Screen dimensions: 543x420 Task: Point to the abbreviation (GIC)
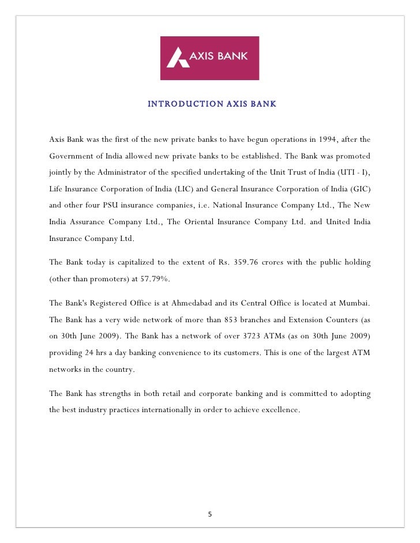[359, 188]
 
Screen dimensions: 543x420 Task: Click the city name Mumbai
[353, 303]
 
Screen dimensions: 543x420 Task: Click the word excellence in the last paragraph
[280, 410]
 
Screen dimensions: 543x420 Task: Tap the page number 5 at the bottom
[210, 514]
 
